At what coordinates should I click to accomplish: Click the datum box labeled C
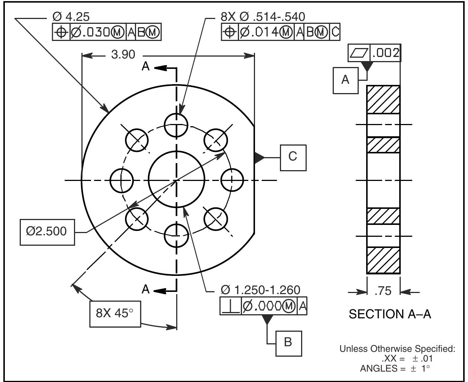click(x=293, y=157)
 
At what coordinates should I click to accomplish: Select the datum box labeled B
click(x=288, y=342)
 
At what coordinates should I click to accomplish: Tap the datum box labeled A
click(x=345, y=80)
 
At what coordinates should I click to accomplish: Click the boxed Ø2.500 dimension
click(x=47, y=232)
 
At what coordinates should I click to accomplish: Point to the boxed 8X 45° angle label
click(x=115, y=313)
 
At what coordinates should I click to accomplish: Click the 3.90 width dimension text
click(x=123, y=55)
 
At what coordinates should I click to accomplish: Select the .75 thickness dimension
click(x=383, y=291)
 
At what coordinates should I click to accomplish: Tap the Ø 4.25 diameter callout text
click(x=71, y=17)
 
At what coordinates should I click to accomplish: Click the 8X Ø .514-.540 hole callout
click(x=263, y=17)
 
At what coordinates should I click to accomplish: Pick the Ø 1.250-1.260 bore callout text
click(x=260, y=290)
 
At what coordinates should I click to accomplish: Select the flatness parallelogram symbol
click(x=358, y=54)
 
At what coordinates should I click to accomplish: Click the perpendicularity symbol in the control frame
click(x=230, y=306)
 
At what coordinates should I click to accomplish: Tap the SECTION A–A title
click(x=390, y=314)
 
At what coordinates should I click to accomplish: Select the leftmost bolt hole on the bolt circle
click(x=121, y=180)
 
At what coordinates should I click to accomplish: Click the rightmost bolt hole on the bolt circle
click(x=232, y=180)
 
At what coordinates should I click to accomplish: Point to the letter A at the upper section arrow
click(x=146, y=66)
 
